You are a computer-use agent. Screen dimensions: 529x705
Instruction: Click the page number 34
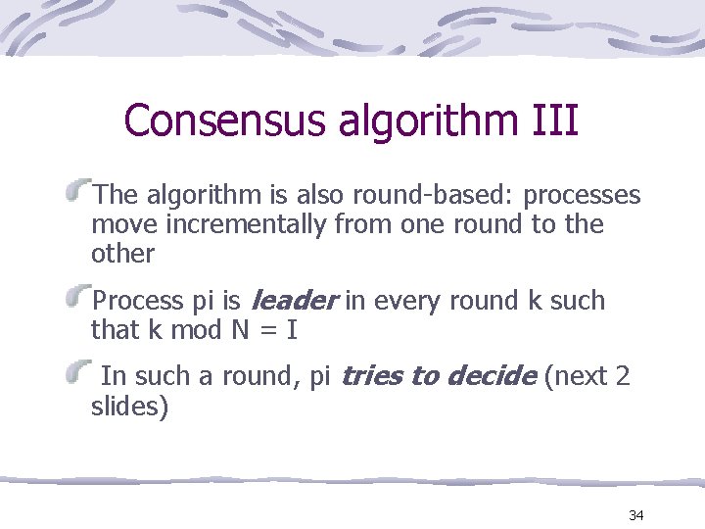(x=636, y=515)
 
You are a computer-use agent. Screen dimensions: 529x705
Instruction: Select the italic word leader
(x=296, y=301)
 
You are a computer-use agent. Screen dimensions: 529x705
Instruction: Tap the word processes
(x=583, y=195)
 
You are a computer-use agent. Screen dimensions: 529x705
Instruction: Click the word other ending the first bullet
(x=122, y=254)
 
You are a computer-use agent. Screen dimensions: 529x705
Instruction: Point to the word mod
(x=197, y=330)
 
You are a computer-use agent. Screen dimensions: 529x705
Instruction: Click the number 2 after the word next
(x=623, y=376)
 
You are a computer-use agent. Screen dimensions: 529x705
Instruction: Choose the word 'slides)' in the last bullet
(x=129, y=406)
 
